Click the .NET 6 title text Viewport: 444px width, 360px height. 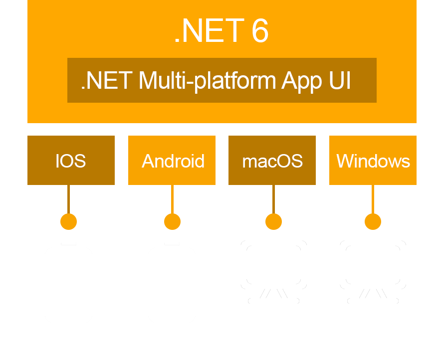pyautogui.click(x=222, y=30)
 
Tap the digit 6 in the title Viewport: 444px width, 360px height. pyautogui.click(x=260, y=30)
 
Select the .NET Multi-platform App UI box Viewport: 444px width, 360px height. pyautogui.click(x=222, y=80)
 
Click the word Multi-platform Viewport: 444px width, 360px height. pyautogui.click(x=207, y=81)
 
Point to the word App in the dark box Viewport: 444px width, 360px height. pyautogui.click(x=301, y=81)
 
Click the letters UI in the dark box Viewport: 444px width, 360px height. pyautogui.click(x=340, y=80)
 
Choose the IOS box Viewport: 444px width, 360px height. pyautogui.click(x=71, y=160)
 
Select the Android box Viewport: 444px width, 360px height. pyautogui.click(x=172, y=160)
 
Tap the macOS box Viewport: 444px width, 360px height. pyautogui.click(x=272, y=160)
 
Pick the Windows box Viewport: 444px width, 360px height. pyautogui.click(x=373, y=160)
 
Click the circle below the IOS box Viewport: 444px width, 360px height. pyautogui.click(x=68, y=221)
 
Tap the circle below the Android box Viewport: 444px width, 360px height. pyautogui.click(x=173, y=221)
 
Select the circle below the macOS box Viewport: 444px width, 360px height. pyautogui.click(x=273, y=221)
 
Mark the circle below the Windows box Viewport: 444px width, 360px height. pyautogui.click(x=373, y=221)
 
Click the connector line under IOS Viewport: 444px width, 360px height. pyautogui.click(x=68, y=199)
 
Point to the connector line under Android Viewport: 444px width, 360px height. pyautogui.click(x=173, y=199)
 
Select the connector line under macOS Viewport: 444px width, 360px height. pyautogui.click(x=273, y=199)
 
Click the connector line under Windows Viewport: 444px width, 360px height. pyautogui.click(x=373, y=199)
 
